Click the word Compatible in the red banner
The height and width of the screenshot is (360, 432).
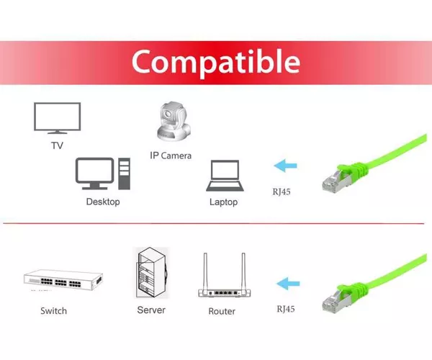[216, 62]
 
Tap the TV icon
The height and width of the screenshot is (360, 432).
[58, 118]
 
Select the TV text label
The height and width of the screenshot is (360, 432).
[58, 145]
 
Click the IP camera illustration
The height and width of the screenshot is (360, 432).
[174, 121]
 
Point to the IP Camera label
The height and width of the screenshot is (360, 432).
[171, 156]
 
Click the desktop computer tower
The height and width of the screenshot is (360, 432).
[125, 174]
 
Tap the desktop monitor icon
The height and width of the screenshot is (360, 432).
[94, 174]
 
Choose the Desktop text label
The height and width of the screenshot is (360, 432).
[103, 202]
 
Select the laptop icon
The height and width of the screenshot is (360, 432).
[225, 176]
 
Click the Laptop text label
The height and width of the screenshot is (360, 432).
[223, 202]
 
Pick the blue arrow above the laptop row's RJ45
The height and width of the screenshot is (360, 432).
[285, 166]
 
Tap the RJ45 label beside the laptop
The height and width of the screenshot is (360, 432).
[282, 192]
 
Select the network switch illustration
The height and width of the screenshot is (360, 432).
[63, 280]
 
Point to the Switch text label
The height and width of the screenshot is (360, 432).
[54, 311]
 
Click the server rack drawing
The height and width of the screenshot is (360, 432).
[152, 273]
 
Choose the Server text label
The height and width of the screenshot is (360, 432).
[151, 310]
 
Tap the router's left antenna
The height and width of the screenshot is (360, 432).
[205, 271]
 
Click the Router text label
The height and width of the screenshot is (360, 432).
[222, 311]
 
